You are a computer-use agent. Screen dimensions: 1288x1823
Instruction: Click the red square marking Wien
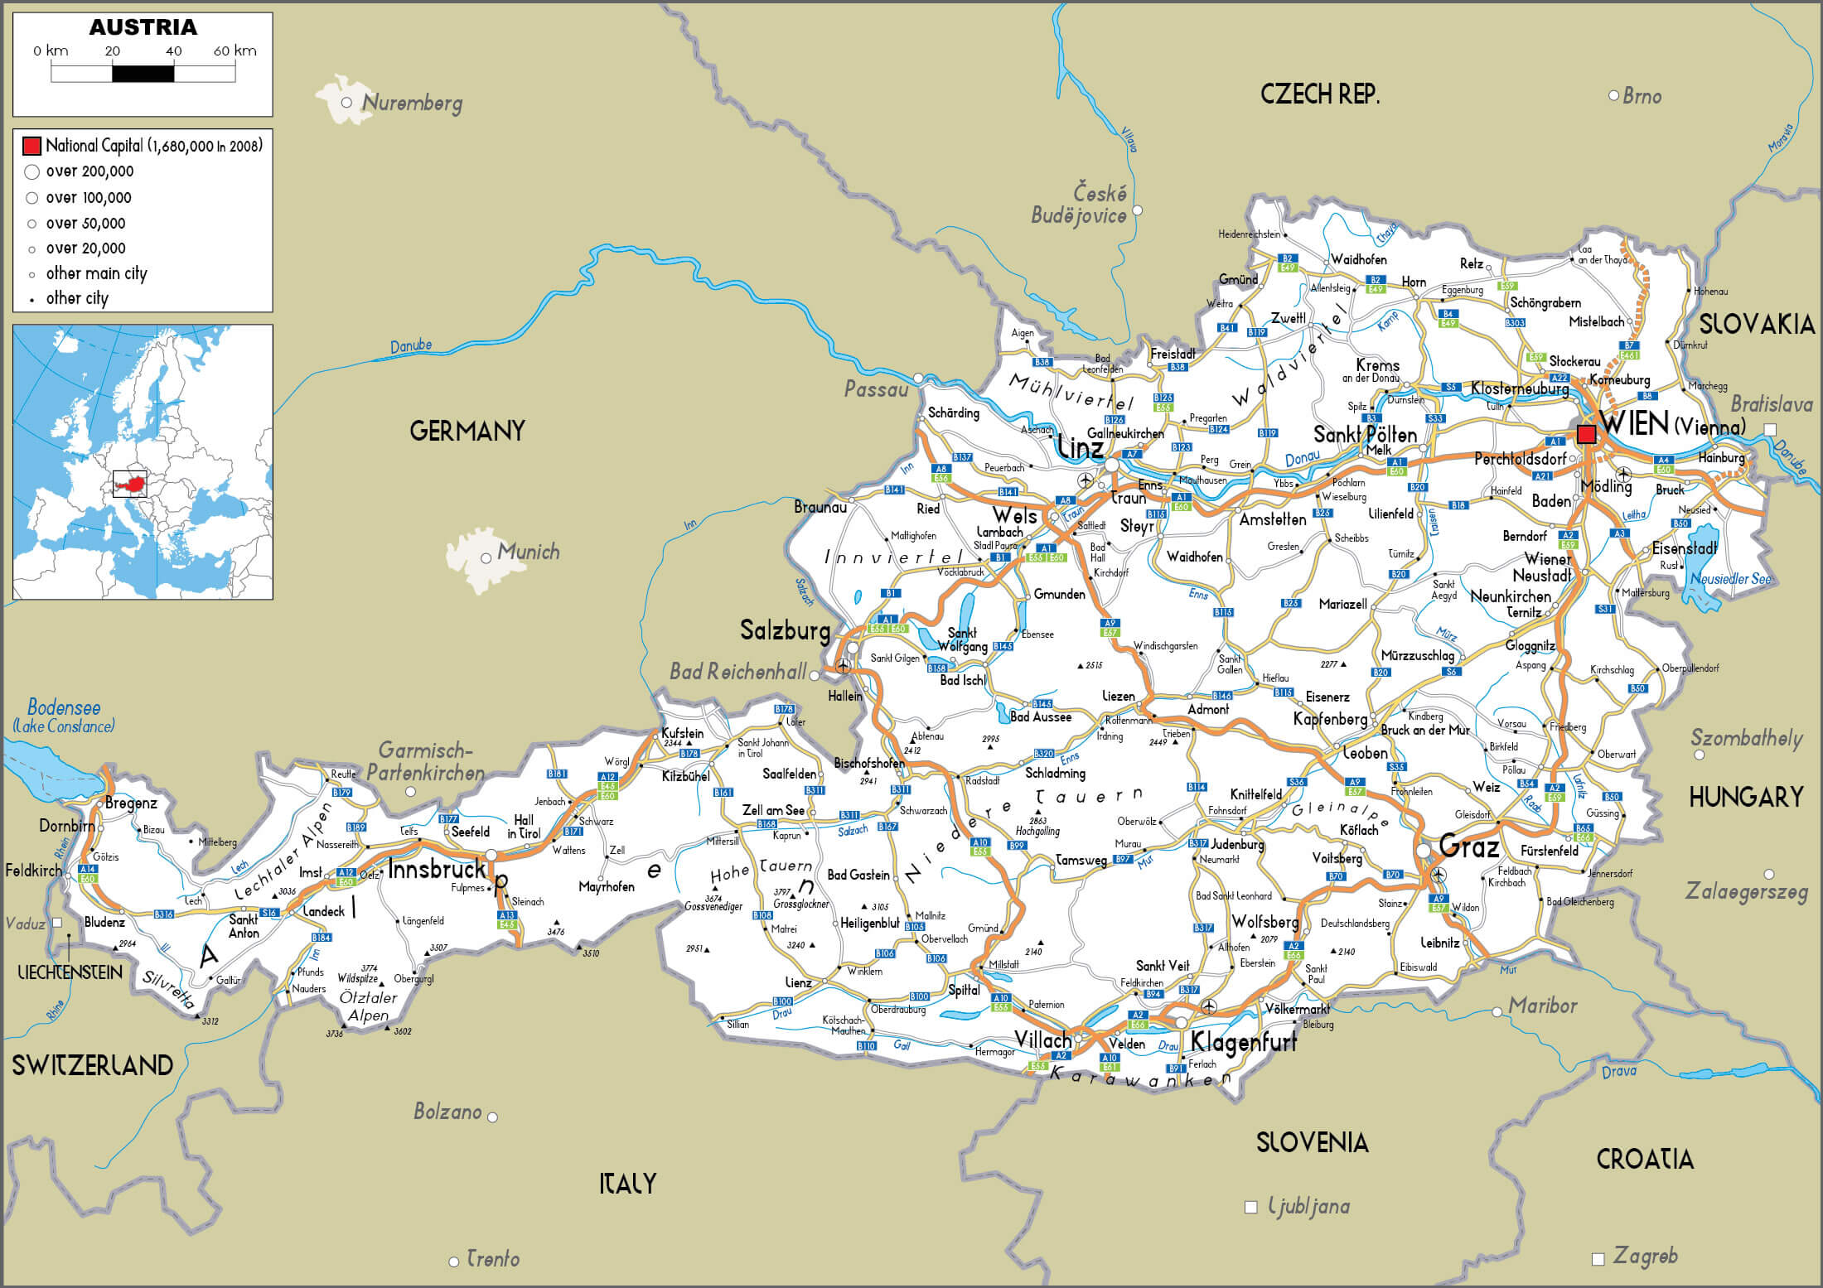(x=1586, y=434)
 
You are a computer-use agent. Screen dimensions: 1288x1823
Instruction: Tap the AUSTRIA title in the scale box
(x=143, y=27)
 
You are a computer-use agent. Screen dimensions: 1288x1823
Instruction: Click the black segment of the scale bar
(x=143, y=74)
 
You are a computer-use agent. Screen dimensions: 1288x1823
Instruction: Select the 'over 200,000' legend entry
(x=89, y=171)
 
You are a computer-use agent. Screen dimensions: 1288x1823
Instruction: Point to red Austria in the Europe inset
(x=129, y=481)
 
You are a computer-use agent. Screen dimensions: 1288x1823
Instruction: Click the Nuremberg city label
(x=412, y=104)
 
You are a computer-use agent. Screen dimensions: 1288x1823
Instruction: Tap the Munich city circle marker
(x=486, y=558)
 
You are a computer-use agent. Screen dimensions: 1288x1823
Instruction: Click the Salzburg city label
(x=785, y=631)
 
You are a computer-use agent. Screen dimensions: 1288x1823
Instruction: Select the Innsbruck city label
(x=437, y=870)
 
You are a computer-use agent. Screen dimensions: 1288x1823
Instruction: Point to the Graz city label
(x=1469, y=847)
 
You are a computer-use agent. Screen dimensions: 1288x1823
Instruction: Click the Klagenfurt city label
(x=1243, y=1042)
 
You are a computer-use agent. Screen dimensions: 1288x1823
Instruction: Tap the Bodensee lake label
(x=64, y=707)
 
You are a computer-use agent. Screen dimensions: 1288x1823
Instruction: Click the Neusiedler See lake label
(x=1731, y=579)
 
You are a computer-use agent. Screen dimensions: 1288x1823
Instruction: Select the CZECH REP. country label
(x=1320, y=94)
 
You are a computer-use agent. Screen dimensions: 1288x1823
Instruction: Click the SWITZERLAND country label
(x=92, y=1065)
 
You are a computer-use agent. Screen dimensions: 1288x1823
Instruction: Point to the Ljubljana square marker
(x=1251, y=1207)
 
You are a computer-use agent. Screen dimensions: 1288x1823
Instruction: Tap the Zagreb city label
(x=1645, y=1256)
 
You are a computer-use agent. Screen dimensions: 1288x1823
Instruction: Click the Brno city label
(x=1642, y=96)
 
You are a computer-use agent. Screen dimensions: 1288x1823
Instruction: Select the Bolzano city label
(x=447, y=1112)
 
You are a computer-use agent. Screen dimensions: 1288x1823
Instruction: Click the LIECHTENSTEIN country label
(x=70, y=972)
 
